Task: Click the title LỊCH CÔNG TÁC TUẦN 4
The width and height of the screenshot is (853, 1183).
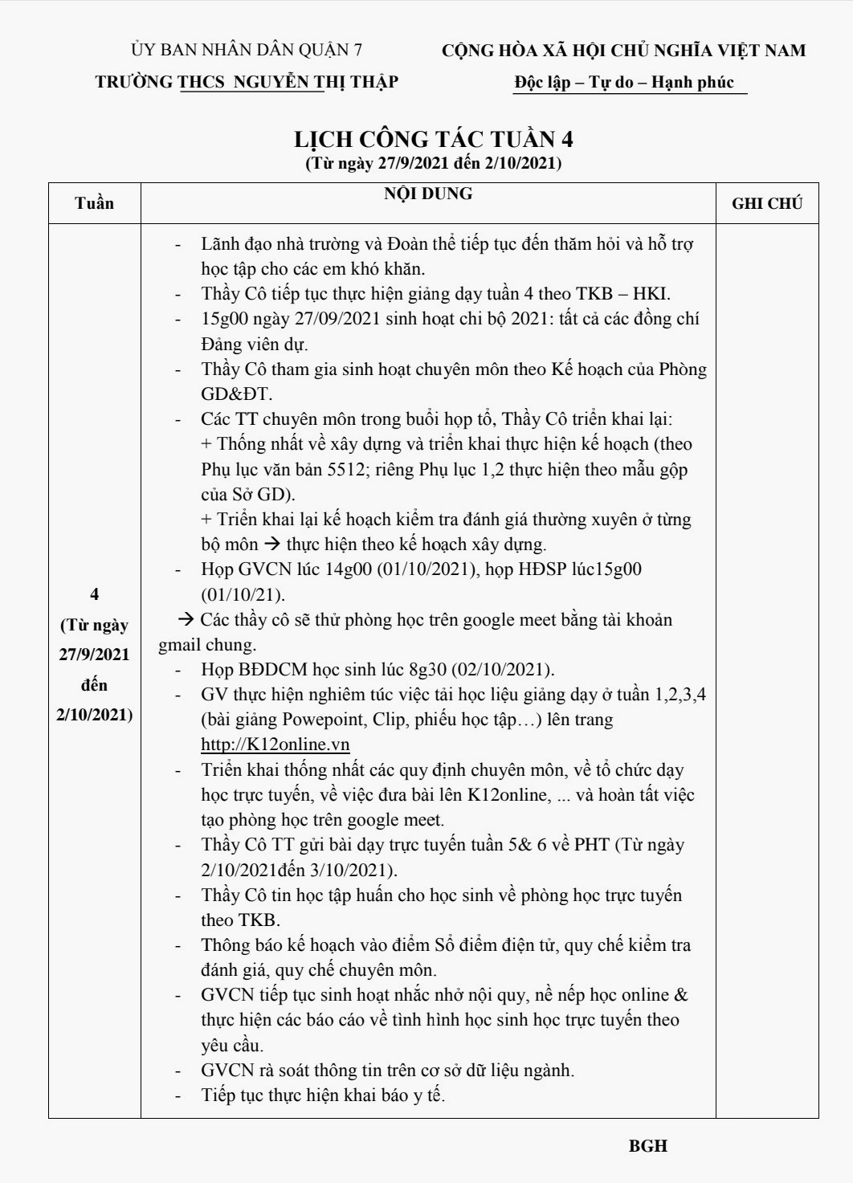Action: coord(433,139)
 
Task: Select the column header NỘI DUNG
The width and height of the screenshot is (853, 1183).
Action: coord(427,194)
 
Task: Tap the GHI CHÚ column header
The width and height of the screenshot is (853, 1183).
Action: coord(766,203)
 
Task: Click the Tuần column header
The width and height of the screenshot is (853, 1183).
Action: coord(94,203)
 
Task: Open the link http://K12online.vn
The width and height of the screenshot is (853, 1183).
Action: coord(275,744)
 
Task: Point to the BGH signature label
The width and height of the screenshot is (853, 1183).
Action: coord(647,1146)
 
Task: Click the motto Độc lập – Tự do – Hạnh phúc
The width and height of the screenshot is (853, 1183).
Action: coord(624,82)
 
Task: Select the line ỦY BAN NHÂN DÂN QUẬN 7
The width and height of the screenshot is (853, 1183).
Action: coord(247,50)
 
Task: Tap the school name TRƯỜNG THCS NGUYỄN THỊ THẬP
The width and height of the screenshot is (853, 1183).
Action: coord(247,82)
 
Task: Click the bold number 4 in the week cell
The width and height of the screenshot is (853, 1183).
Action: coord(94,594)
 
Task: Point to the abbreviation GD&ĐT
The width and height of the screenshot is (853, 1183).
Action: coord(236,394)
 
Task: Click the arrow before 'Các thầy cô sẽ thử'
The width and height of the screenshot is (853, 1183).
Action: coord(186,619)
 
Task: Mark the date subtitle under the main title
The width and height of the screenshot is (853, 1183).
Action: coord(433,163)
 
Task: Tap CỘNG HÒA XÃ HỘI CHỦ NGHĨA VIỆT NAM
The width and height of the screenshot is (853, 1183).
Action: coord(623,51)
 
